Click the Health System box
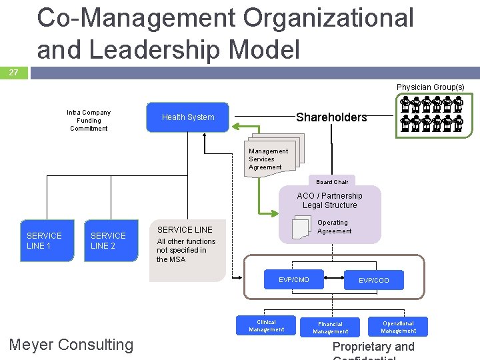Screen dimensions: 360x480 click(187, 117)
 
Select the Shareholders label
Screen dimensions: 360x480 click(331, 117)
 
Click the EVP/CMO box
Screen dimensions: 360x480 click(294, 280)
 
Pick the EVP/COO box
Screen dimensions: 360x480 click(373, 281)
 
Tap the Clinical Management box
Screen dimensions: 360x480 click(266, 325)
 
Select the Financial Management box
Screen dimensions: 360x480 click(331, 327)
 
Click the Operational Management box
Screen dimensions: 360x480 click(398, 327)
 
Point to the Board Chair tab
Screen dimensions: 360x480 click(332, 182)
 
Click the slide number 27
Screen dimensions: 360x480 click(14, 73)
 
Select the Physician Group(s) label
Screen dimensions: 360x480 click(430, 87)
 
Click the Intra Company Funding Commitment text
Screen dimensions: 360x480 click(89, 121)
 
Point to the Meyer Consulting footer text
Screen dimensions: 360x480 click(71, 345)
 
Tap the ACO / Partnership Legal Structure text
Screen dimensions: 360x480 click(329, 200)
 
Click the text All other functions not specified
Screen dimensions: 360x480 click(186, 250)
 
